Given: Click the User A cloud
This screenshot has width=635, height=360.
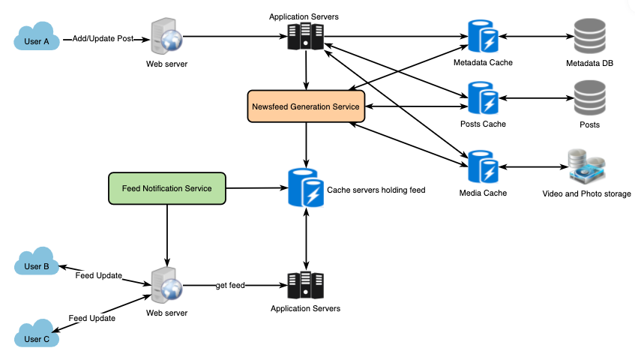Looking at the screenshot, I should click(37, 39).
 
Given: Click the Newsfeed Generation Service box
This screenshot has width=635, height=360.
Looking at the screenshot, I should click(305, 106).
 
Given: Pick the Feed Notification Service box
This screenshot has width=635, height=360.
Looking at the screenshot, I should click(166, 188).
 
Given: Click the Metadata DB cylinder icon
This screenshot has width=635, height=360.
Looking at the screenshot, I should click(589, 35).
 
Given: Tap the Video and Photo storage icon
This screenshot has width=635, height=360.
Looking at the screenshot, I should click(587, 166).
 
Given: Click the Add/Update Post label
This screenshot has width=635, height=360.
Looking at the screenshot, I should click(103, 38).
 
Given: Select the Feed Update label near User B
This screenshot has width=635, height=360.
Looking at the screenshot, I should click(98, 276).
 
